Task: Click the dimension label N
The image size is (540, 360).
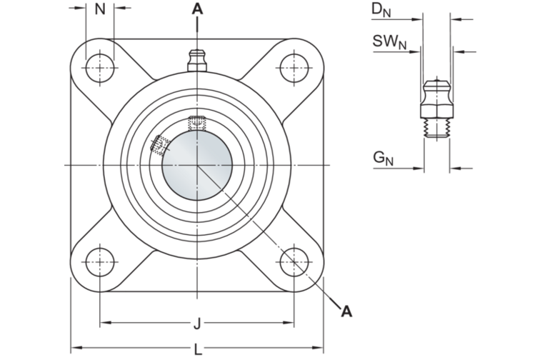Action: coord(100,9)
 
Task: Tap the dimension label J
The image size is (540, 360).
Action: coord(196,324)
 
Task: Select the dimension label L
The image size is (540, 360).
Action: coord(196,349)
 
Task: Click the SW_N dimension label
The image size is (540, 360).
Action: coord(389,42)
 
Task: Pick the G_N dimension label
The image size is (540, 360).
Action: coord(383,158)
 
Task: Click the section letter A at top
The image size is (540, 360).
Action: coord(197,9)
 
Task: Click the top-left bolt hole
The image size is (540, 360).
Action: coord(100,68)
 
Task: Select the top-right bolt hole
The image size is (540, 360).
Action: coord(294,68)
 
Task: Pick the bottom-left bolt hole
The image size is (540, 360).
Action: coord(100,261)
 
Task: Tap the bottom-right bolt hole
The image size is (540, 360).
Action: coord(294,261)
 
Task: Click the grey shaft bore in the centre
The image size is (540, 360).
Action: coord(196,165)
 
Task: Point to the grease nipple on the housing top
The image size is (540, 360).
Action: coord(197,60)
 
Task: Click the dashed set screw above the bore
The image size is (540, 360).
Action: coord(196,122)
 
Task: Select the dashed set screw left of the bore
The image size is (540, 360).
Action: coord(159,145)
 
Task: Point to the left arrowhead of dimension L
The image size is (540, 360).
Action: coord(74,348)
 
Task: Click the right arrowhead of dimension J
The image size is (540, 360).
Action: coord(290,324)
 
